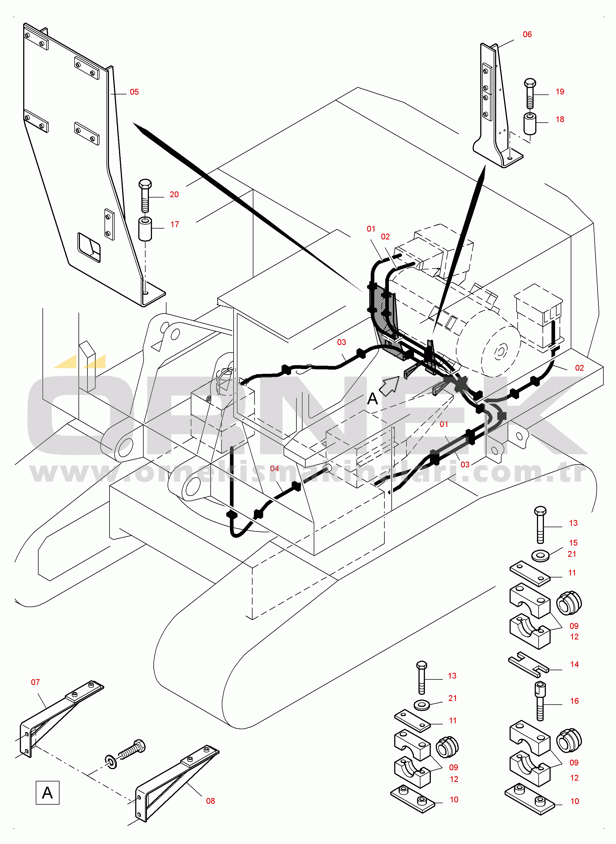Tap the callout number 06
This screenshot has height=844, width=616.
coord(527,35)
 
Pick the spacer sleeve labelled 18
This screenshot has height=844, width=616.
coord(530,124)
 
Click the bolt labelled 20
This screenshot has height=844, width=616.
coord(145,196)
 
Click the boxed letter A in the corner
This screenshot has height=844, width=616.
coord(47,793)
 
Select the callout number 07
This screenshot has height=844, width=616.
coord(35,682)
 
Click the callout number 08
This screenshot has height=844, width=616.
coord(210,801)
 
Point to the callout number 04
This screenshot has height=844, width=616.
coord(274,469)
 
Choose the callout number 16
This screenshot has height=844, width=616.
coord(574,701)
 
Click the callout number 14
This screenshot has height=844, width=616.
coord(574,664)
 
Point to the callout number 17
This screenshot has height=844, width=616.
coord(175,224)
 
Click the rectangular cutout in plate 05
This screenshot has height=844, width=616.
coord(89,247)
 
